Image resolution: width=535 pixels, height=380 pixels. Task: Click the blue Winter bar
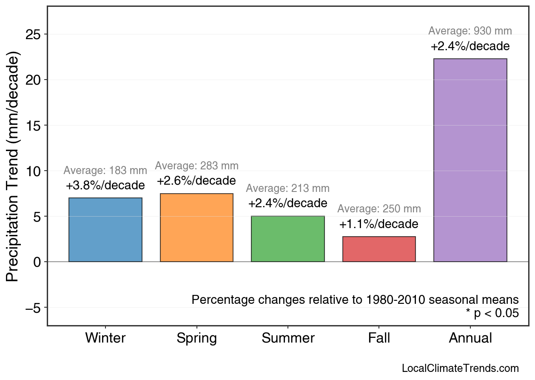pos(105,230)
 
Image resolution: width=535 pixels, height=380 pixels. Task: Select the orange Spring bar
pos(196,228)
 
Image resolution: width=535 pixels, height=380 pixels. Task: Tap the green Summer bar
pos(288,239)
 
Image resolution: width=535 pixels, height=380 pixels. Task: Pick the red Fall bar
pos(379,249)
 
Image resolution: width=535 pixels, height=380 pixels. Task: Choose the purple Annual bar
pos(470,160)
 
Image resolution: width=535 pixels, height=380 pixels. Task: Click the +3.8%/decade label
pos(105,186)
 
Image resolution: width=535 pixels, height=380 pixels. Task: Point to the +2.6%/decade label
pos(196,180)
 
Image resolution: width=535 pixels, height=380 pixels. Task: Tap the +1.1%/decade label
pos(379,224)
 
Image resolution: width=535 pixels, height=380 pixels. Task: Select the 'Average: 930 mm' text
pos(470,31)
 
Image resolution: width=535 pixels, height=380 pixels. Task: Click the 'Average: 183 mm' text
pos(105,171)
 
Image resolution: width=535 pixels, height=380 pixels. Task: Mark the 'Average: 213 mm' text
pos(288,188)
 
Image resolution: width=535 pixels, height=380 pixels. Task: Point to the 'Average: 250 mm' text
pos(379,209)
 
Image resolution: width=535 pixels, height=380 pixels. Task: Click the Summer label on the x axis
pos(288,338)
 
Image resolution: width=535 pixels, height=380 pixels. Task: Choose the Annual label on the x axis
pos(470,338)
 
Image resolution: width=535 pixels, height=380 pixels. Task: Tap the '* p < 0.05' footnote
pos(492,313)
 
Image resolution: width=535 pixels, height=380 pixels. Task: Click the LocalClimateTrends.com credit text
pos(460,369)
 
